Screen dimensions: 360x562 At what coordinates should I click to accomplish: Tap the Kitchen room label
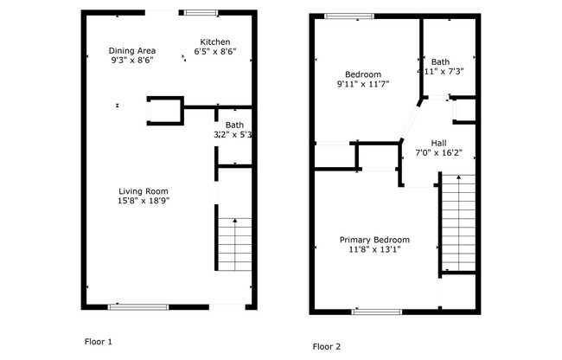click(214, 42)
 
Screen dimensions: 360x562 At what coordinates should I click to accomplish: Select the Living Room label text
click(144, 191)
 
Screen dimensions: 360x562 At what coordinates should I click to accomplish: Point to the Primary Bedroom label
click(374, 240)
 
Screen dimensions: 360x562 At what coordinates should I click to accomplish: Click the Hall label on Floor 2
click(438, 143)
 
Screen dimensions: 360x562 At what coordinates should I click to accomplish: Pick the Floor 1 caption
click(98, 342)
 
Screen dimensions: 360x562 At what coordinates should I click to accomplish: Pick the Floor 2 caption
click(327, 346)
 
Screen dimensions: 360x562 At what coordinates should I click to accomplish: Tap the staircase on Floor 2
click(458, 221)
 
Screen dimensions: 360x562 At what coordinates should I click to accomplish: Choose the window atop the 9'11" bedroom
click(349, 15)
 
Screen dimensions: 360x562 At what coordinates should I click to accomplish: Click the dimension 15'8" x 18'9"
click(144, 202)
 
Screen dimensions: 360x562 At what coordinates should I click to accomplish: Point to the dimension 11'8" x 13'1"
click(374, 250)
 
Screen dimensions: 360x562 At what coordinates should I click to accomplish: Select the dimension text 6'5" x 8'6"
click(214, 52)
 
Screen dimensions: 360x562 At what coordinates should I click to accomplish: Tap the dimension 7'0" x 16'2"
click(440, 153)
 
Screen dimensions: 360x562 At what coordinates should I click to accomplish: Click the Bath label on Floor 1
click(234, 125)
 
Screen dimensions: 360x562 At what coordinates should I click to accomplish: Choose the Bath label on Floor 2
click(441, 61)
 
